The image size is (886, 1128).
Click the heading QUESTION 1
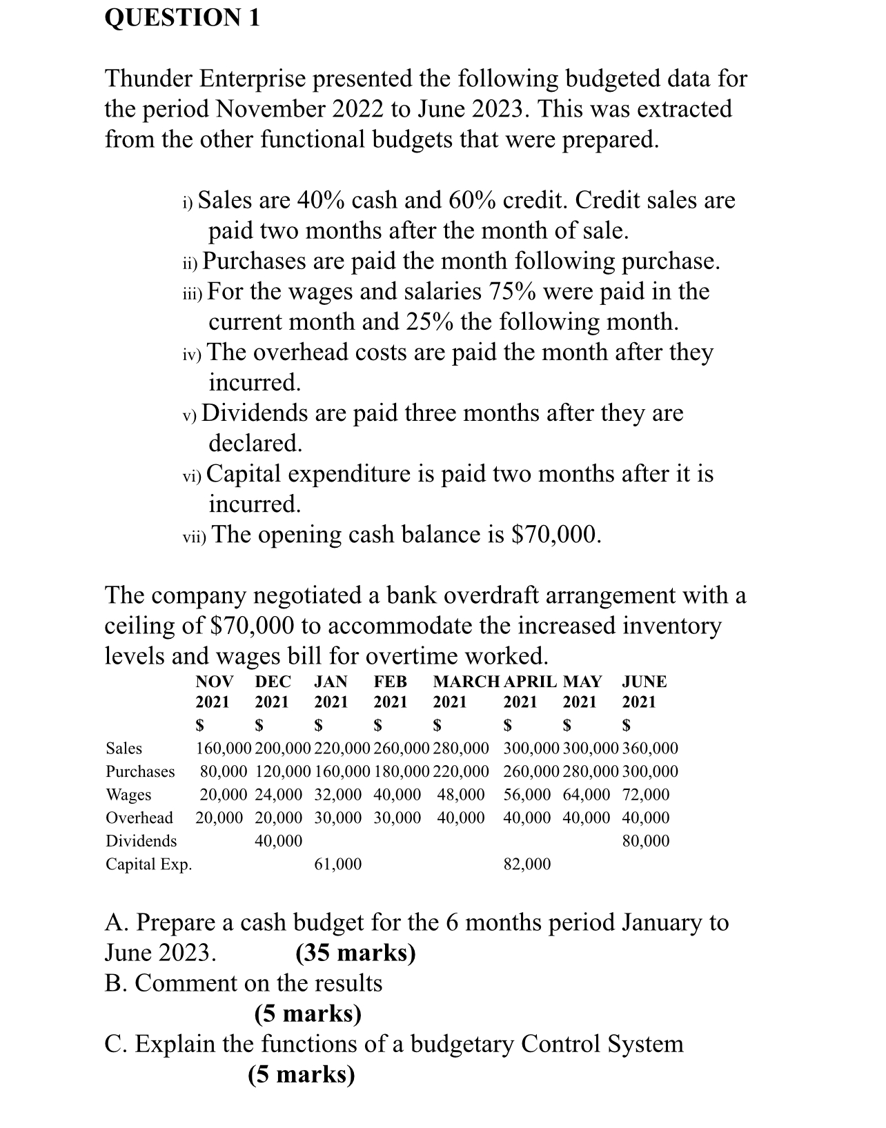(182, 17)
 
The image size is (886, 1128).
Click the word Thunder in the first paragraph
(149, 79)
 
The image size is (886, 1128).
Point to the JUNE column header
(644, 682)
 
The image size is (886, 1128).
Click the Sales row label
(124, 749)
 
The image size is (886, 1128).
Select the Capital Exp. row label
(148, 864)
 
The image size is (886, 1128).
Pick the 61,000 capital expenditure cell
(337, 864)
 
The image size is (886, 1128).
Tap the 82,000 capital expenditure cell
(527, 864)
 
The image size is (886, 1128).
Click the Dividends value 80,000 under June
(645, 841)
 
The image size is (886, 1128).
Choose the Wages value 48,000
(460, 795)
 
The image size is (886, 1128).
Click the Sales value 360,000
(650, 749)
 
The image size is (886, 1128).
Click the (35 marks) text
(355, 953)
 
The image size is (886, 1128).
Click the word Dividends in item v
(254, 413)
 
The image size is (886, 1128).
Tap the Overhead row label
(139, 818)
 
